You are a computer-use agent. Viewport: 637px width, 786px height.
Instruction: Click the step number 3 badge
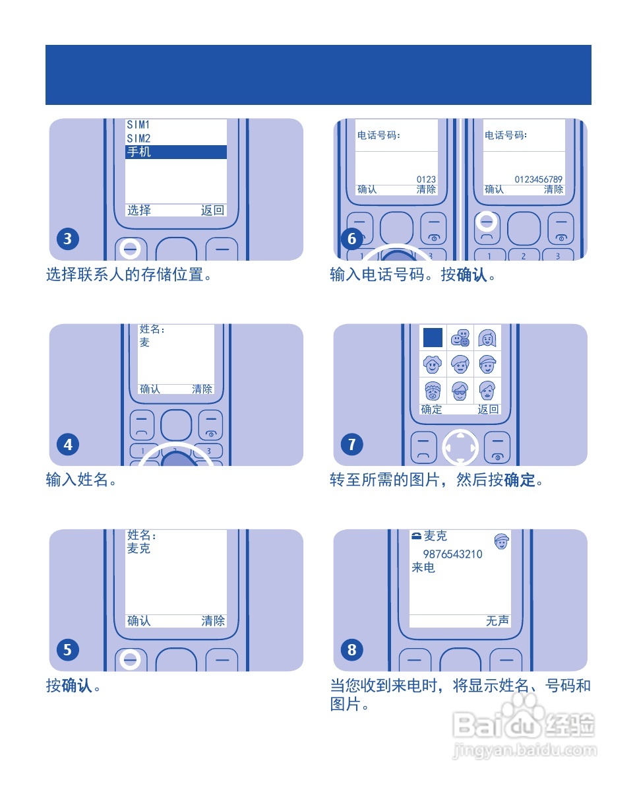[68, 238]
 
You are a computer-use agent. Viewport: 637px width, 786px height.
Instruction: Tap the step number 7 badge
[351, 444]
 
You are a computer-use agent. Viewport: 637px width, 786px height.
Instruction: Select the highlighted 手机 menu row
[175, 152]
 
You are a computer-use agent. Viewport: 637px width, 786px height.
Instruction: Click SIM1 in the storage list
[138, 125]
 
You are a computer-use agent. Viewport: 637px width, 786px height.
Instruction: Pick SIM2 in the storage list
[138, 139]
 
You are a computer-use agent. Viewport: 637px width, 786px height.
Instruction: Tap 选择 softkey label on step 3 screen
[139, 211]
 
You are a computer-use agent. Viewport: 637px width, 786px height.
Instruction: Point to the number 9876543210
[452, 554]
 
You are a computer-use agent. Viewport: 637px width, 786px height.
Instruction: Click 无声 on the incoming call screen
[497, 621]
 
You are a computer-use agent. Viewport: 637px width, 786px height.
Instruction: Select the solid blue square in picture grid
[433, 338]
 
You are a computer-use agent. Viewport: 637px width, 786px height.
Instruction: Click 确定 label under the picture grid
[431, 409]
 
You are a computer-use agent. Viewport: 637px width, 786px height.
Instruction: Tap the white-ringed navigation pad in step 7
[460, 448]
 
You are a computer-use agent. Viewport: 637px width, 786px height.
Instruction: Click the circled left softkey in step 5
[131, 658]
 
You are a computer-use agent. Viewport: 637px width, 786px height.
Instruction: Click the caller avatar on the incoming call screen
[502, 541]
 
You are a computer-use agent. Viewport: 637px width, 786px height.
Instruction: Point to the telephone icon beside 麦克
[416, 536]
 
